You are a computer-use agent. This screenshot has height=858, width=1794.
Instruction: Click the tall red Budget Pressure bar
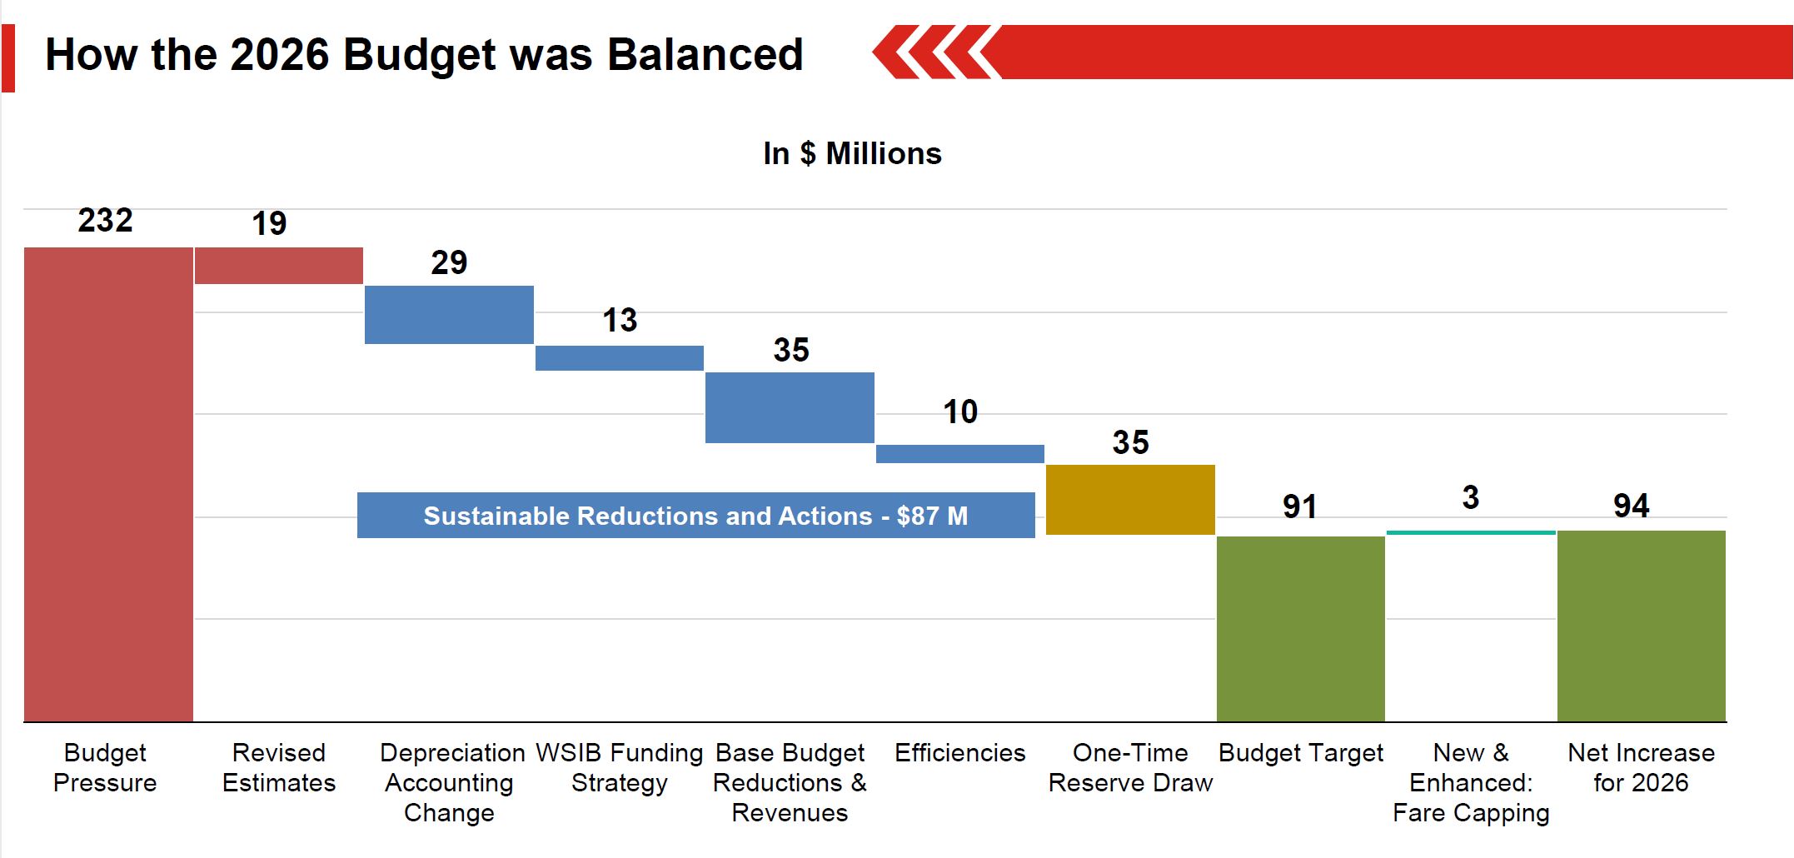(x=108, y=483)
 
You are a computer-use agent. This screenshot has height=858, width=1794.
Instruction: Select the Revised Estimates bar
(x=279, y=266)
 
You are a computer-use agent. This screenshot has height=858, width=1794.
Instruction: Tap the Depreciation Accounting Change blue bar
(x=449, y=315)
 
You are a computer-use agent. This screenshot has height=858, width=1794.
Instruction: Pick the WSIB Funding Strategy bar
(x=620, y=358)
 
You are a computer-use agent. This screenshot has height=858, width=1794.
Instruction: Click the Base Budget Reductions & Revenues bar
(x=790, y=407)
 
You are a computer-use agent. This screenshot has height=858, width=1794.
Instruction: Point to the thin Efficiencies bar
(x=960, y=454)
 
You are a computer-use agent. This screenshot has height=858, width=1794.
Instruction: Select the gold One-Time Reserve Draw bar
(x=1130, y=500)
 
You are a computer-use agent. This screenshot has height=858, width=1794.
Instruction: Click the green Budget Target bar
(x=1301, y=629)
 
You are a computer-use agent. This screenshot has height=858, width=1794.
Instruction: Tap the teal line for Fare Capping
(x=1471, y=532)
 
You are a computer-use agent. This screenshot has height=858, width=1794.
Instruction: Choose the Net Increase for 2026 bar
(x=1642, y=626)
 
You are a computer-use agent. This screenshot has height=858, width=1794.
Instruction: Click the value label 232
(x=106, y=221)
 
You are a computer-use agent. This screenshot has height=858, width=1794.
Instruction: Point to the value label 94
(x=1631, y=506)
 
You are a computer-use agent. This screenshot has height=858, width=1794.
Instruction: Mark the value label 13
(x=620, y=321)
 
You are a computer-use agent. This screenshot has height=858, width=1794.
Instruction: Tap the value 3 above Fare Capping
(x=1471, y=498)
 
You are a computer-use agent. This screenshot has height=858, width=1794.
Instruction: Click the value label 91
(x=1299, y=506)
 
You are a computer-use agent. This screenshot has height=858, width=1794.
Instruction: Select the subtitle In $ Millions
(x=852, y=154)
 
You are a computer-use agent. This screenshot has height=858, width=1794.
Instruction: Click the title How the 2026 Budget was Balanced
(x=424, y=55)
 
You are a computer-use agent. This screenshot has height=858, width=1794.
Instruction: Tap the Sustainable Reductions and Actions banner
(x=695, y=516)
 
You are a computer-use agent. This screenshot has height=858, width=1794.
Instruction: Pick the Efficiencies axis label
(x=960, y=753)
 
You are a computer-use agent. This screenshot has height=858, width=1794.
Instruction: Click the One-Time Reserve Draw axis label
(x=1130, y=768)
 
